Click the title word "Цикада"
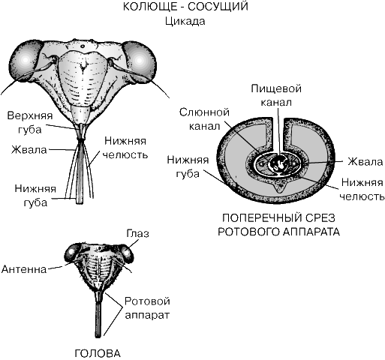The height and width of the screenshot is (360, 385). tap(185, 22)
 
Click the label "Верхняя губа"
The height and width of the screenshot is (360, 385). tap(30, 123)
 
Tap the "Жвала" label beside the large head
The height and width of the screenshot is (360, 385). tap(29, 150)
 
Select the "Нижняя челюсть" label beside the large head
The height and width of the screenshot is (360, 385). tap(125, 148)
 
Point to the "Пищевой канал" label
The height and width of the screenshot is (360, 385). tap(276, 95)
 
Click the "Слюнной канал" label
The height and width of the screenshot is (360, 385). tap(204, 119)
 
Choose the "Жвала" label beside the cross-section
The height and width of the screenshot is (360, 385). tap(365, 162)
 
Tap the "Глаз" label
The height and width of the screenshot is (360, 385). tap(138, 233)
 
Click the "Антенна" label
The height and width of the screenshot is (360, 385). tap(24, 269)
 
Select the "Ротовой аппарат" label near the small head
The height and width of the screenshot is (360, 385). tap(147, 308)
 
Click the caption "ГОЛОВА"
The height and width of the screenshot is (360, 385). tap(98, 353)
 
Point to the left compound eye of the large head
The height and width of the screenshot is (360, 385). tap(25, 61)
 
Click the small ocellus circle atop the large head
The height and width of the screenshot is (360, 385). tap(83, 46)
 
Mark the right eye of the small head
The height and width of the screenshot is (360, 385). tap(127, 253)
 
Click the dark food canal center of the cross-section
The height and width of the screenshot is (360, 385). tap(278, 164)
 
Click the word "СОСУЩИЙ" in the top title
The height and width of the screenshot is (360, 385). tap(218, 7)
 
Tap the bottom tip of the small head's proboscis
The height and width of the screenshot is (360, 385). tap(98, 336)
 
